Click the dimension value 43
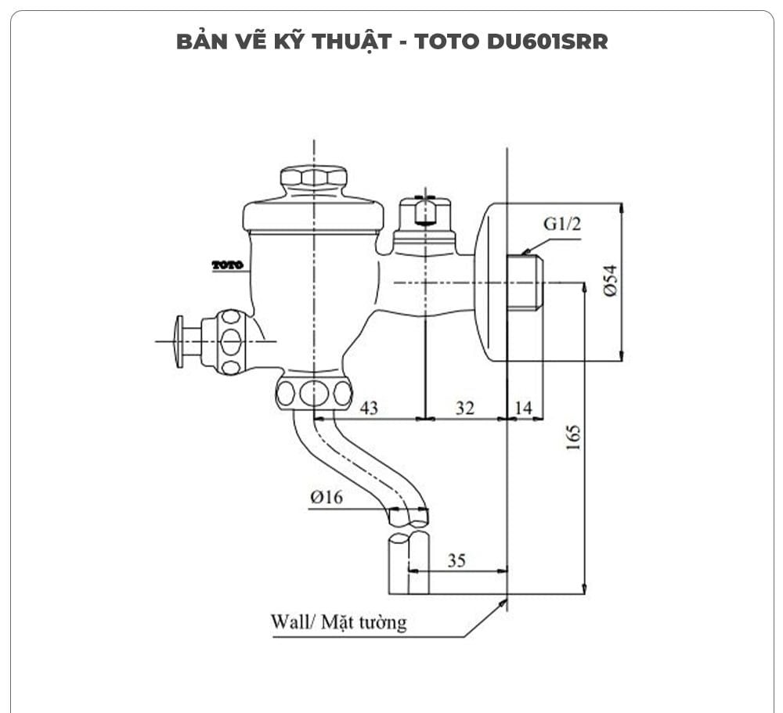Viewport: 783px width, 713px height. click(x=368, y=408)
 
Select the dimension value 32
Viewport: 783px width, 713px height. click(x=464, y=408)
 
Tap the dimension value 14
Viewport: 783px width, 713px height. click(x=524, y=408)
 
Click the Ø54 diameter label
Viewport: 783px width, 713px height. click(x=610, y=280)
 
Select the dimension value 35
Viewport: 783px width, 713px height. click(x=457, y=560)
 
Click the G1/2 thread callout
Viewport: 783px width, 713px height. click(x=563, y=225)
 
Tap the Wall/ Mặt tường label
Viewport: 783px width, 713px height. click(x=338, y=622)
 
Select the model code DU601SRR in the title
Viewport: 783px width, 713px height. click(x=547, y=41)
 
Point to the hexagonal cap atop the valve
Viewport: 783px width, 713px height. click(x=313, y=176)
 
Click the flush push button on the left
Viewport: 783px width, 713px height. click(x=180, y=341)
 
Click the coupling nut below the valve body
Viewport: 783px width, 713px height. click(x=313, y=391)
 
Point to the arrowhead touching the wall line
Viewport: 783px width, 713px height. click(x=501, y=605)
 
